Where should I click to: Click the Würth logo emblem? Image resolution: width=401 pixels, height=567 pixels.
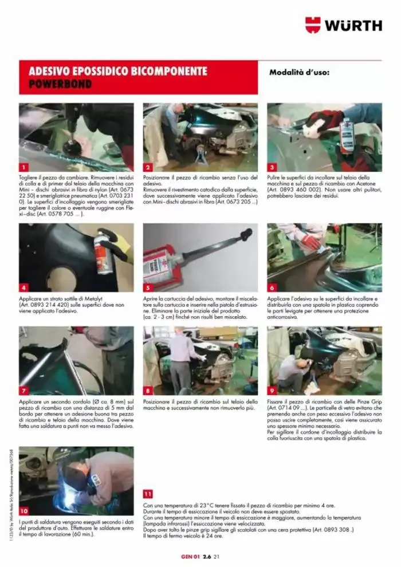pyautogui.click(x=312, y=25)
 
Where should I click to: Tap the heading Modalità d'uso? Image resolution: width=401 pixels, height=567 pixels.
pyautogui.click(x=300, y=73)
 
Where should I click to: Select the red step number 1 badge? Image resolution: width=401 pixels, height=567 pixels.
pyautogui.click(x=23, y=167)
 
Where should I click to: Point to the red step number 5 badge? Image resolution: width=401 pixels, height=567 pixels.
pyautogui.click(x=147, y=288)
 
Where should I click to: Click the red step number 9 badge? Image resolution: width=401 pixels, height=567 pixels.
pyautogui.click(x=272, y=391)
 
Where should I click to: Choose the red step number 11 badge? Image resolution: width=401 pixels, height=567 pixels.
pyautogui.click(x=148, y=493)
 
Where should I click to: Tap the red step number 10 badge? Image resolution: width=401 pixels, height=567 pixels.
pyautogui.click(x=23, y=510)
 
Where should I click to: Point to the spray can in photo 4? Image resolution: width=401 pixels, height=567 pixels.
pyautogui.click(x=103, y=253)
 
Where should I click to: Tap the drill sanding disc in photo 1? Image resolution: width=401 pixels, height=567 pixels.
pyautogui.click(x=72, y=146)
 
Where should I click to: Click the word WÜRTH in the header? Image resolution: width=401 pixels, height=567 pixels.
pyautogui.click(x=353, y=25)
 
